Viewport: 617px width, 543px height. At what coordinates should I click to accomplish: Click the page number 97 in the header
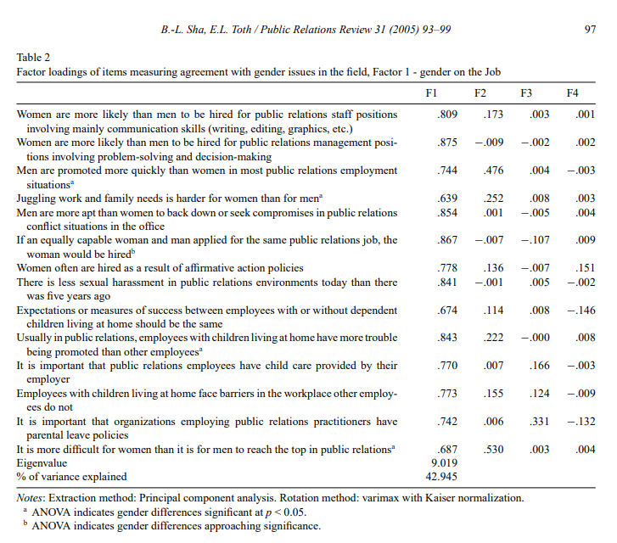pos(592,30)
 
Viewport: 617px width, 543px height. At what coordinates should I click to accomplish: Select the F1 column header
pos(430,91)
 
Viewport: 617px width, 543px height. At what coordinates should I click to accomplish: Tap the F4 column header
pos(573,91)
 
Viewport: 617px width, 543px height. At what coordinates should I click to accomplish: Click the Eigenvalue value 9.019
pos(430,464)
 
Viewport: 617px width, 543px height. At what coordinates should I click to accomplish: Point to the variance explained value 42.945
pos(430,477)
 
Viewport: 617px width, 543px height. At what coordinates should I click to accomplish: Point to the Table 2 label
pos(34,58)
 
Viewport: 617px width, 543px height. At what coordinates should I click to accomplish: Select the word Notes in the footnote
pos(31,498)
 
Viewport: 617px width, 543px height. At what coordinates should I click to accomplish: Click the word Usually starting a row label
pos(36,339)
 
